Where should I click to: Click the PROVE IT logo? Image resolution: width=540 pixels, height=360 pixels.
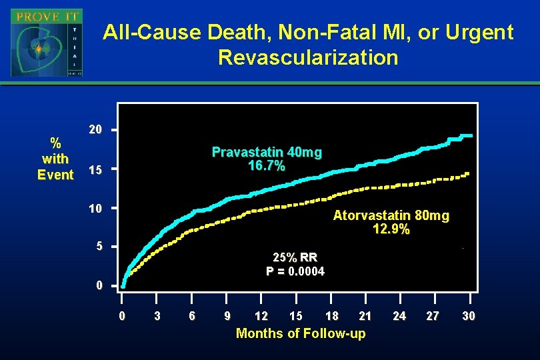click(x=47, y=43)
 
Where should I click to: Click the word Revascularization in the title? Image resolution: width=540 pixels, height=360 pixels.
click(x=308, y=58)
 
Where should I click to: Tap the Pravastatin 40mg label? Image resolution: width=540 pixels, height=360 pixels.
click(x=267, y=153)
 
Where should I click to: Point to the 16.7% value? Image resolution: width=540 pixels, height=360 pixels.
click(x=267, y=166)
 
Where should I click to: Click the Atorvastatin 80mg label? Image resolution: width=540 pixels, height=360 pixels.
click(x=391, y=216)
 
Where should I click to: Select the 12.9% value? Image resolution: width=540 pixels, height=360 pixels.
click(x=391, y=229)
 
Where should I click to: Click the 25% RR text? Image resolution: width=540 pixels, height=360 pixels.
click(x=295, y=257)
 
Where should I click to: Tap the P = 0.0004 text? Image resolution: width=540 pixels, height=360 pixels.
click(x=295, y=271)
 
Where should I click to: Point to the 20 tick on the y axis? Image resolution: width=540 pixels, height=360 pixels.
click(x=96, y=129)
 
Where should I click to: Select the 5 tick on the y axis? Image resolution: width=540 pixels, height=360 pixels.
click(x=99, y=247)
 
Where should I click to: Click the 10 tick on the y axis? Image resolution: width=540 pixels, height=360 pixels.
click(x=96, y=209)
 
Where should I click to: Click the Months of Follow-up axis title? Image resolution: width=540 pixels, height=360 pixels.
click(x=301, y=333)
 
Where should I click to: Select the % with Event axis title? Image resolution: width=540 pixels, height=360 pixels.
click(x=56, y=159)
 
